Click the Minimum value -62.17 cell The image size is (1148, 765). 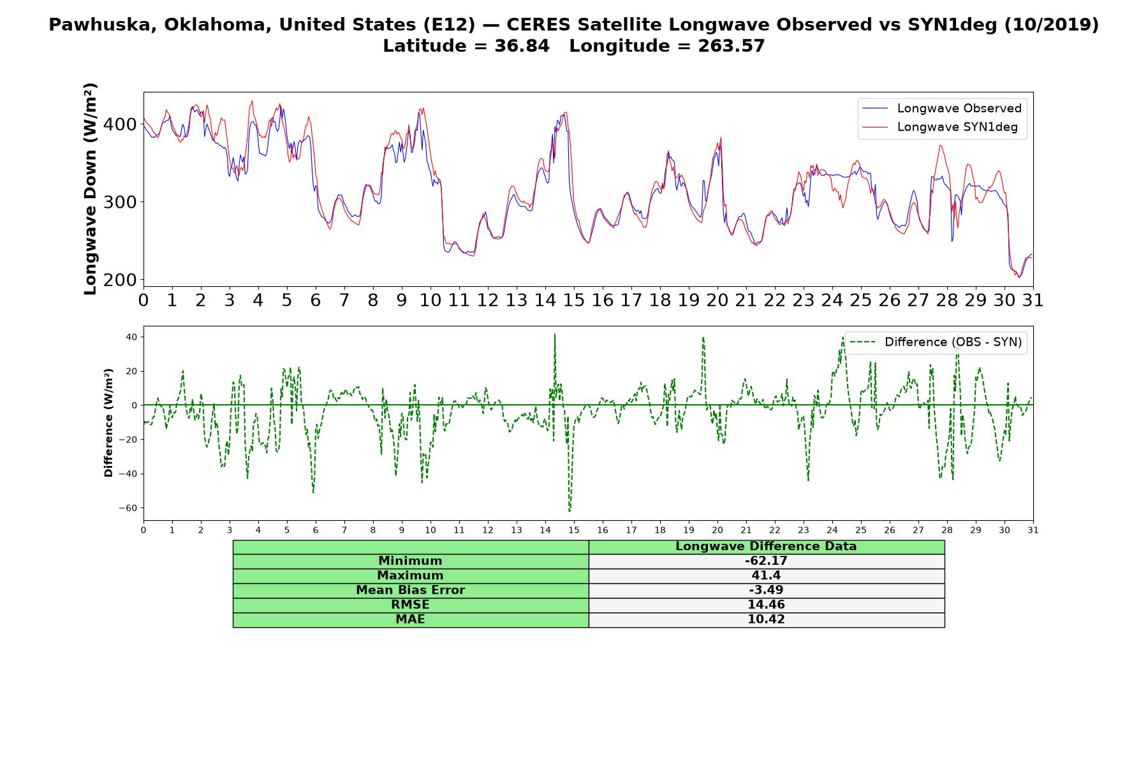click(x=766, y=561)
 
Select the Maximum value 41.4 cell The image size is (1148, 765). click(x=766, y=576)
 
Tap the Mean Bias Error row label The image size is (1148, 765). click(x=410, y=590)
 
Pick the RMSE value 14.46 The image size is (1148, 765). click(x=766, y=605)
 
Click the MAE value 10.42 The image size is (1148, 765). click(x=766, y=620)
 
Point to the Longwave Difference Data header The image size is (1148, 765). click(x=766, y=546)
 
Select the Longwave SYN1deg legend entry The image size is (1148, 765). click(x=940, y=127)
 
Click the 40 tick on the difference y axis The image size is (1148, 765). click(x=133, y=337)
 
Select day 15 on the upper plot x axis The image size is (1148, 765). click(x=574, y=300)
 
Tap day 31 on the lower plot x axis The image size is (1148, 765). click(x=1033, y=530)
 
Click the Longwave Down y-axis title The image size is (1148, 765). click(x=91, y=189)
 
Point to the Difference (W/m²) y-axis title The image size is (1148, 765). click(x=109, y=423)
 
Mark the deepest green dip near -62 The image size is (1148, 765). click(x=570, y=511)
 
